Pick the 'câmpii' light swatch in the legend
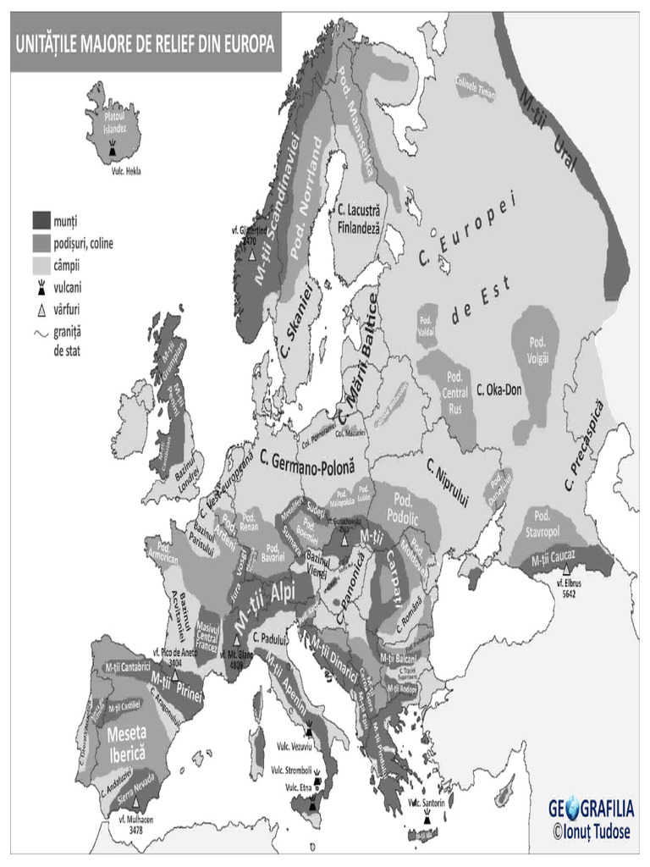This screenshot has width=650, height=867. tap(41, 266)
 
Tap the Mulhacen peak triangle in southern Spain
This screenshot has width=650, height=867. tap(135, 800)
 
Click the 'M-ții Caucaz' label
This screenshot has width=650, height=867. tap(554, 557)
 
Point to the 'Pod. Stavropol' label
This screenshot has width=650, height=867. tap(543, 523)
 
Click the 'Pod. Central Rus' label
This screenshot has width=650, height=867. tap(455, 392)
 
